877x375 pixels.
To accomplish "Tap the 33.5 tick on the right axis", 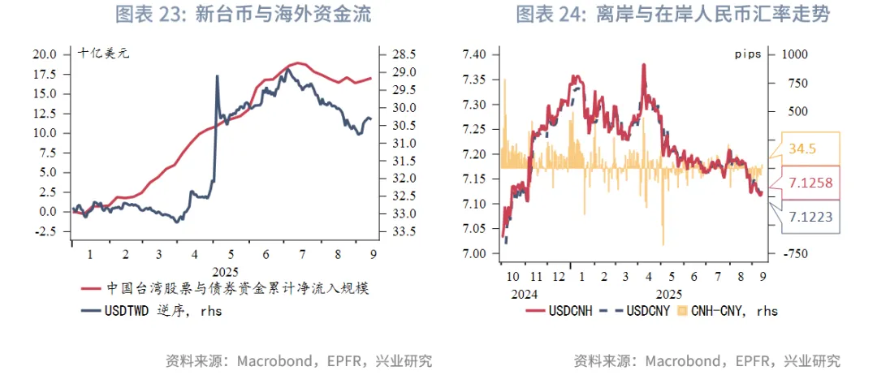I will pyautogui.click(x=404, y=231).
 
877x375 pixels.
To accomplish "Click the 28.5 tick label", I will pyautogui.click(x=404, y=54).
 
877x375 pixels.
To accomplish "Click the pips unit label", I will pyautogui.click(x=746, y=54).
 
